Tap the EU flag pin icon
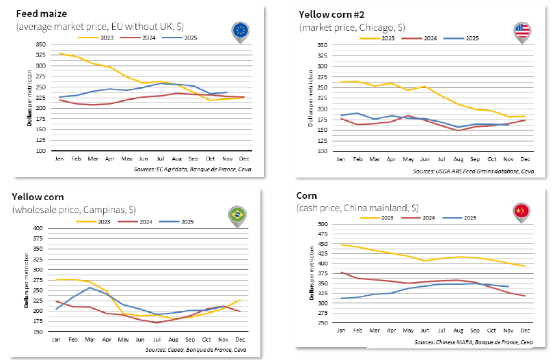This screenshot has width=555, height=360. [241, 31]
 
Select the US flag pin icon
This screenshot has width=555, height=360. [522, 31]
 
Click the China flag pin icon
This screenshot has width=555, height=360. [522, 212]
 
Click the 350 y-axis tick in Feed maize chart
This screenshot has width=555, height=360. [42, 44]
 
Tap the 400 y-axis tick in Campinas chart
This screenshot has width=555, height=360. [38, 228]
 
